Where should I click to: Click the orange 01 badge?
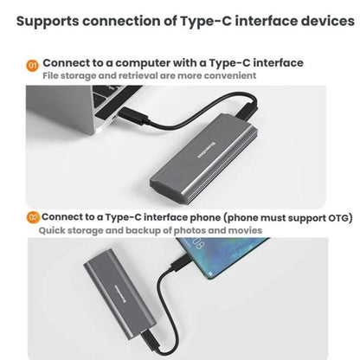[x=32, y=65]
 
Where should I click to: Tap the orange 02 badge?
[x=33, y=217]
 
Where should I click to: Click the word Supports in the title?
[x=48, y=22]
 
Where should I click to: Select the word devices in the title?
[x=328, y=21]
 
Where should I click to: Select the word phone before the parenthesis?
[x=204, y=217]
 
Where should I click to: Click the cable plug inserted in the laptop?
[x=133, y=116]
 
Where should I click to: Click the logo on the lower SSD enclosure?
[x=121, y=294]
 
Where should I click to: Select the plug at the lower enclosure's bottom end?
[x=150, y=342]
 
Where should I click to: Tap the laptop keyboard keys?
[x=115, y=95]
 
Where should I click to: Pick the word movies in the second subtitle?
[x=245, y=231]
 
